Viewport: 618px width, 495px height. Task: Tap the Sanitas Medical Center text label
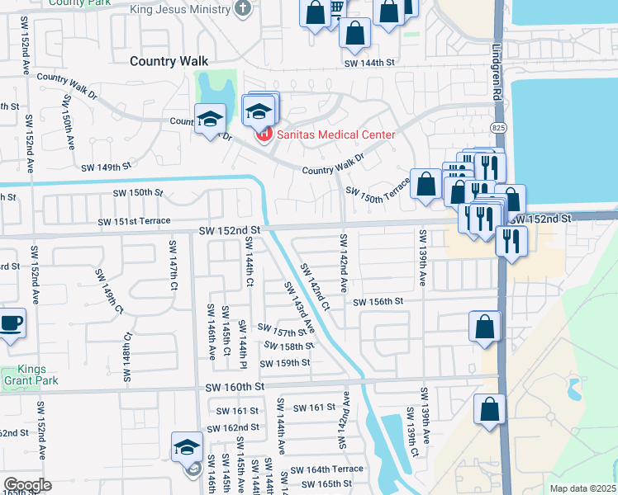pos(335,134)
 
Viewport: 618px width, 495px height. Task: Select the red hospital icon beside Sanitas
pos(264,134)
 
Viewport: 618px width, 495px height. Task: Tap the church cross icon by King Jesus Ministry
pos(242,10)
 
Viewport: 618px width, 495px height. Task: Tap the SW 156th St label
pos(378,302)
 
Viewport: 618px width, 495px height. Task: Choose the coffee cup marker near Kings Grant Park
pos(11,323)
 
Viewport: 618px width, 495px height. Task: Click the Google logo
pos(27,484)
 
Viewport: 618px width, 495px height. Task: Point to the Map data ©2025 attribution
pos(582,488)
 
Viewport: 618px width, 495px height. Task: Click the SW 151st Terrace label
pos(134,221)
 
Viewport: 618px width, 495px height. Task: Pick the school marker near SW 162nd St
pos(187,448)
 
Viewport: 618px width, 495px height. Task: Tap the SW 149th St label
pos(106,167)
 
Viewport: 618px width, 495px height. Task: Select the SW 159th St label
pos(285,363)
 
